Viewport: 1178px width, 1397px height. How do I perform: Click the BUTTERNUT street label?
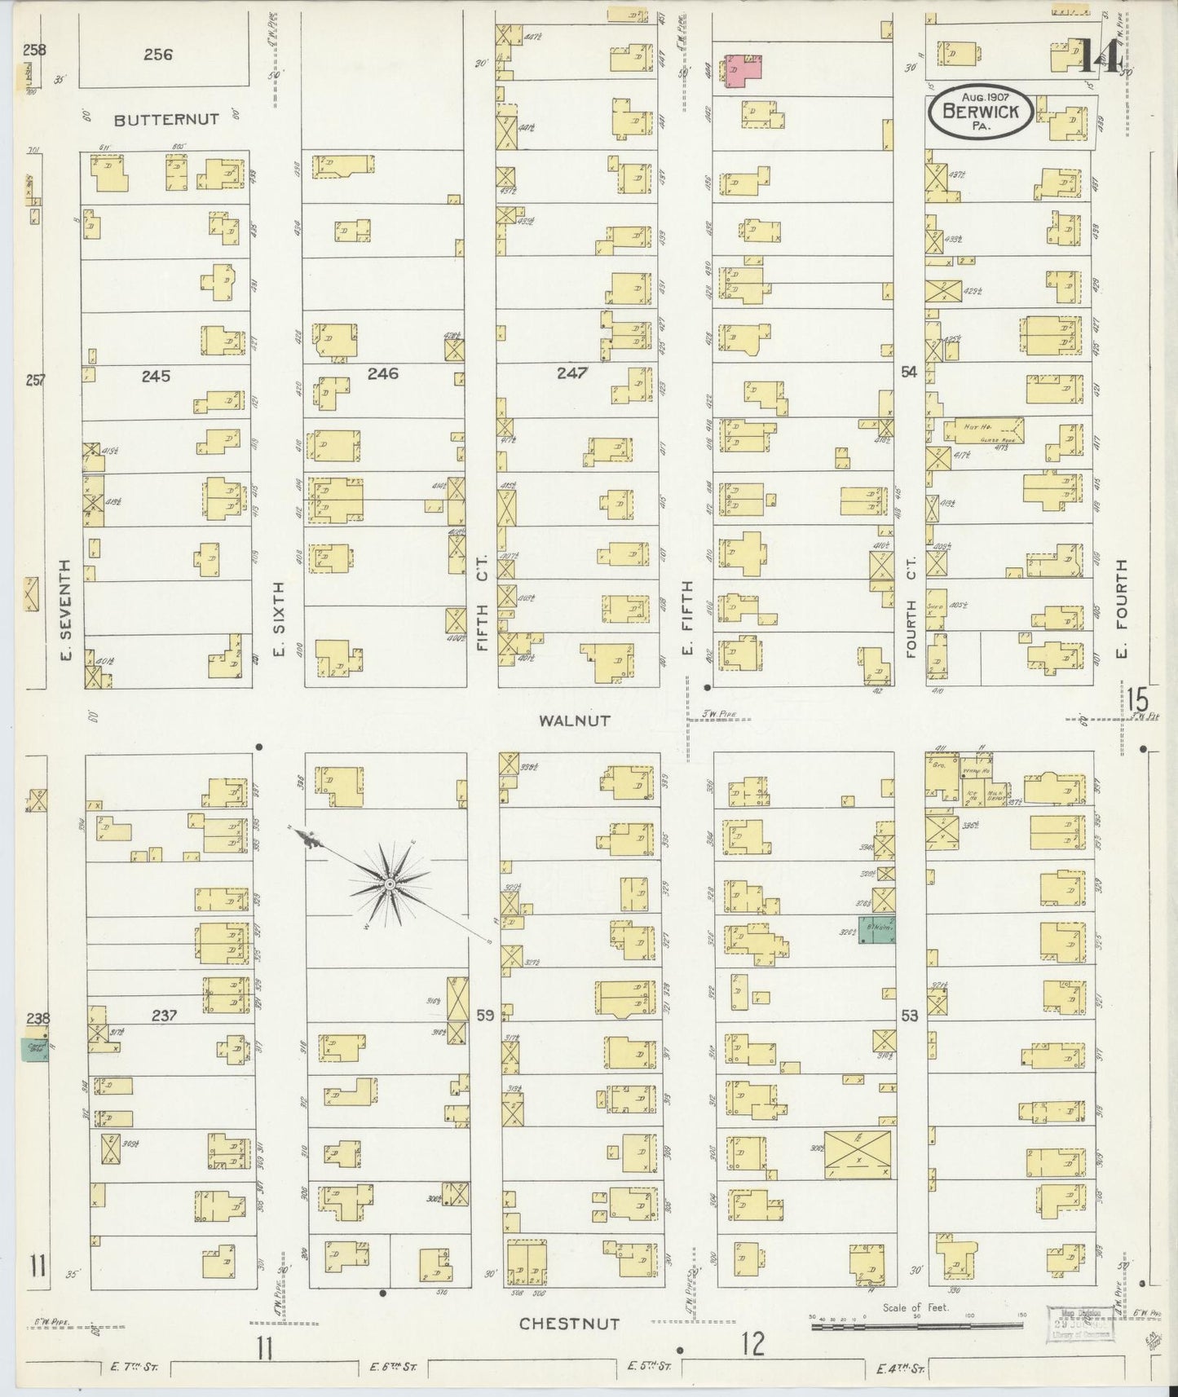166,119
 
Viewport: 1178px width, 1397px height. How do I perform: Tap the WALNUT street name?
574,721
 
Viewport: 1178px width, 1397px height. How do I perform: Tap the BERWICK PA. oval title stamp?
980,111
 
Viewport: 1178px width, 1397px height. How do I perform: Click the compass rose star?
390,883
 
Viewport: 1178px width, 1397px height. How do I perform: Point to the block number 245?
155,376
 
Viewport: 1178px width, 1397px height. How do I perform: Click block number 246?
382,373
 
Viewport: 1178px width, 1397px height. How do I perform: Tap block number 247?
573,372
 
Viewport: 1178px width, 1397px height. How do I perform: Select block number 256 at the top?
158,55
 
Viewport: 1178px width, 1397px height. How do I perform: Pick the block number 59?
485,1016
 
